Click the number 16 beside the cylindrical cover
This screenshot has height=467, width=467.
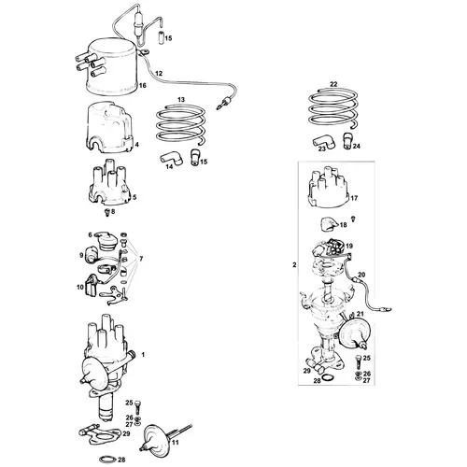click(142, 85)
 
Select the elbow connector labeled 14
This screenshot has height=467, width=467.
click(172, 158)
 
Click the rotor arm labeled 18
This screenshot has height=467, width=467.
click(329, 224)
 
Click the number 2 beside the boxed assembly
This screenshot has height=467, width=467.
click(294, 265)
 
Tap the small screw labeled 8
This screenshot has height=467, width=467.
click(107, 213)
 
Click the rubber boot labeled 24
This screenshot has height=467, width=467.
click(347, 141)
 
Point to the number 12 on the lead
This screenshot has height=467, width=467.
click(159, 74)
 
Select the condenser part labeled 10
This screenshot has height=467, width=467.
click(92, 285)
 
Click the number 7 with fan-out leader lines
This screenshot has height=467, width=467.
click(141, 259)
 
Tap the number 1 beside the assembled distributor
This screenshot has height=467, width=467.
click(143, 355)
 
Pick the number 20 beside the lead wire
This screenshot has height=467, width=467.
click(361, 275)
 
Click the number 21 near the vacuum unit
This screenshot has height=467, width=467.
click(360, 314)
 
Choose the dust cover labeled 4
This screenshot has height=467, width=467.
click(108, 129)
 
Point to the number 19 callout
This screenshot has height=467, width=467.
click(349, 246)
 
